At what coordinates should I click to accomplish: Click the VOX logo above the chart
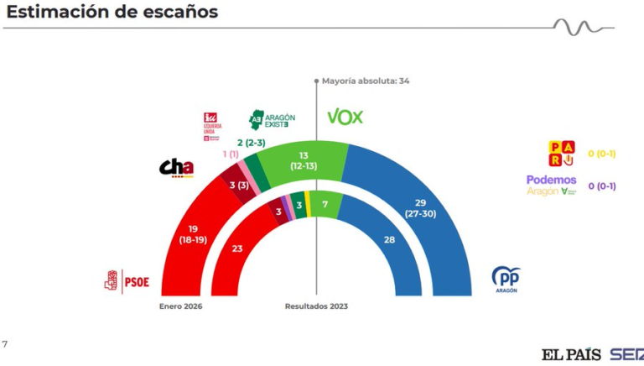click(x=344, y=117)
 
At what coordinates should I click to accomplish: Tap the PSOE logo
click(x=127, y=280)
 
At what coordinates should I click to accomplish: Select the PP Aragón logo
click(x=506, y=278)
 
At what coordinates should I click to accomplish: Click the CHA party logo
click(x=176, y=168)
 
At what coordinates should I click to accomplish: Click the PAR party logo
click(x=561, y=153)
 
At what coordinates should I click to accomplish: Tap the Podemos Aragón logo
click(x=552, y=185)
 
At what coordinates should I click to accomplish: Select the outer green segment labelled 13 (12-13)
click(x=303, y=159)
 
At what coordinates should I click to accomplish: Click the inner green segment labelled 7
click(x=325, y=204)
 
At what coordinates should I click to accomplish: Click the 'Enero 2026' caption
click(x=181, y=306)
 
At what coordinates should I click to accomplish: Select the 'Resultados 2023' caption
click(x=316, y=306)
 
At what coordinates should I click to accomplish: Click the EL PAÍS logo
click(x=571, y=353)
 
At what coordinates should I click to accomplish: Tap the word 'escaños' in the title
click(x=174, y=12)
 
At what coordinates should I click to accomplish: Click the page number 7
click(x=5, y=344)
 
